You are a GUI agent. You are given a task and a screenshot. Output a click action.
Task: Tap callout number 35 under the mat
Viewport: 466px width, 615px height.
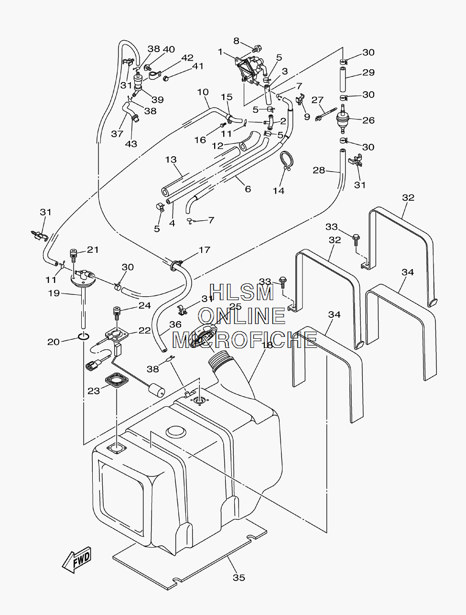[x=239, y=577]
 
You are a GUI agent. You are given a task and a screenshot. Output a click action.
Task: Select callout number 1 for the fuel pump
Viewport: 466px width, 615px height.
[x=220, y=52]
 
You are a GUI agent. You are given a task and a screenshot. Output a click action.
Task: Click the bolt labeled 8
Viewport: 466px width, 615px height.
[x=256, y=49]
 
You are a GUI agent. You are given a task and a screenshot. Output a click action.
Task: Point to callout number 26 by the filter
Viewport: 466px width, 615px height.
[x=368, y=120]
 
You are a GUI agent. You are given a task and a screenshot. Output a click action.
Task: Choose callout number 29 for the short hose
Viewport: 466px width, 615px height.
[x=368, y=72]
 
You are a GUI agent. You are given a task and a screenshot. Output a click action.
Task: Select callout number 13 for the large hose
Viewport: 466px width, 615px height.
[x=171, y=160]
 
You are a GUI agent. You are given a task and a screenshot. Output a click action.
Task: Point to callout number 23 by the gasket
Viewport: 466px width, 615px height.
[x=94, y=391]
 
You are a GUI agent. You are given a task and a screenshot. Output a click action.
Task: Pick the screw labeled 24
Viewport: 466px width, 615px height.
[x=117, y=313]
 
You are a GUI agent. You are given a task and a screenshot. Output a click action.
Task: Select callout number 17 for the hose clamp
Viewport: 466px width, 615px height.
[x=204, y=249]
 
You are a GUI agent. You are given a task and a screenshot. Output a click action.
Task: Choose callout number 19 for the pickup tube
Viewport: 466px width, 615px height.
[x=54, y=293]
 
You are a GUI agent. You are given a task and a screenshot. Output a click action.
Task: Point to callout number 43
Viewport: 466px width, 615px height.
[x=131, y=144]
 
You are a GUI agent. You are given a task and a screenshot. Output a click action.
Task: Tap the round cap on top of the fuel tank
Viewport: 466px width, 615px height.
[x=176, y=432]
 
